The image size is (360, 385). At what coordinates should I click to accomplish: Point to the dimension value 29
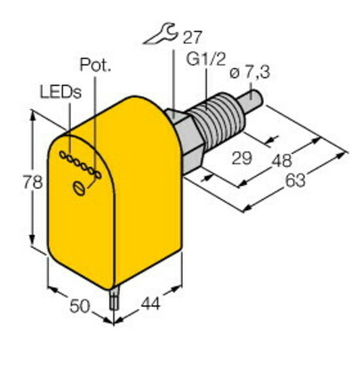coord(242,159)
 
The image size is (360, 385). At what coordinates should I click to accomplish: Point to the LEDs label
coord(57,91)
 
